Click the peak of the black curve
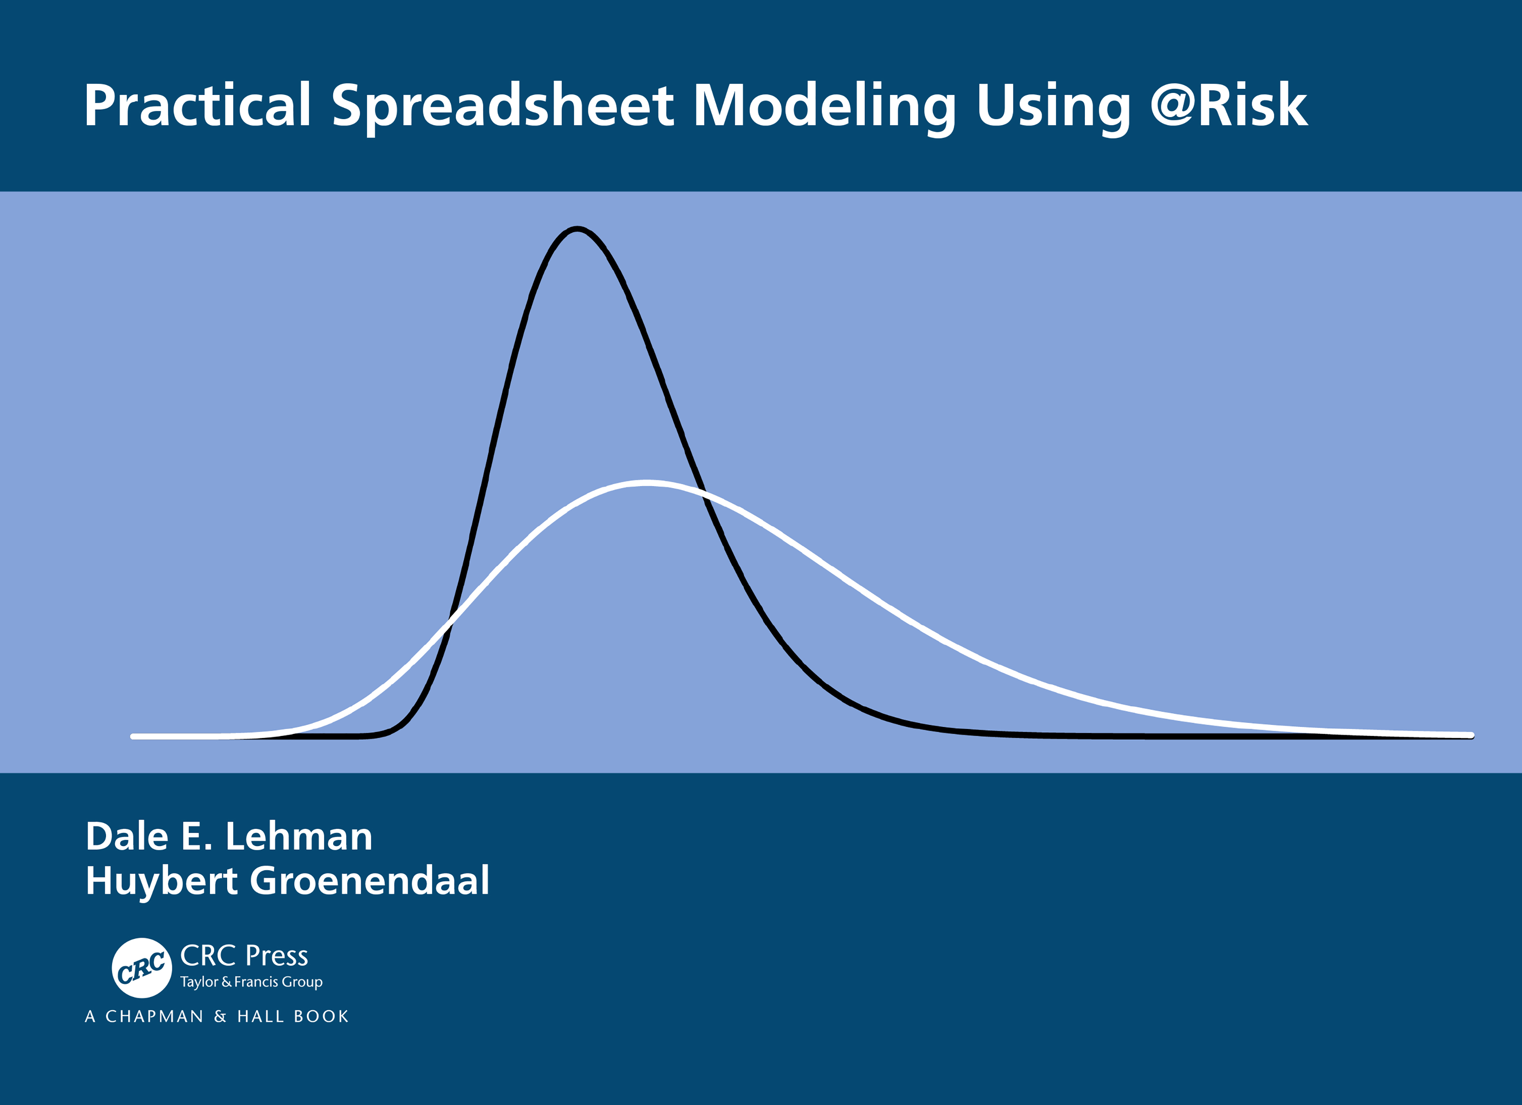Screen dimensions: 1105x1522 click(577, 230)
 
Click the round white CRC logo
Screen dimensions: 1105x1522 click(142, 967)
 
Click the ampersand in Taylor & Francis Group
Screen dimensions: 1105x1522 click(226, 981)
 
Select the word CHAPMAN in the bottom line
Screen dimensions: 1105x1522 click(154, 1017)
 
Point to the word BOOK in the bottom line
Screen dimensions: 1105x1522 click(321, 1017)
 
